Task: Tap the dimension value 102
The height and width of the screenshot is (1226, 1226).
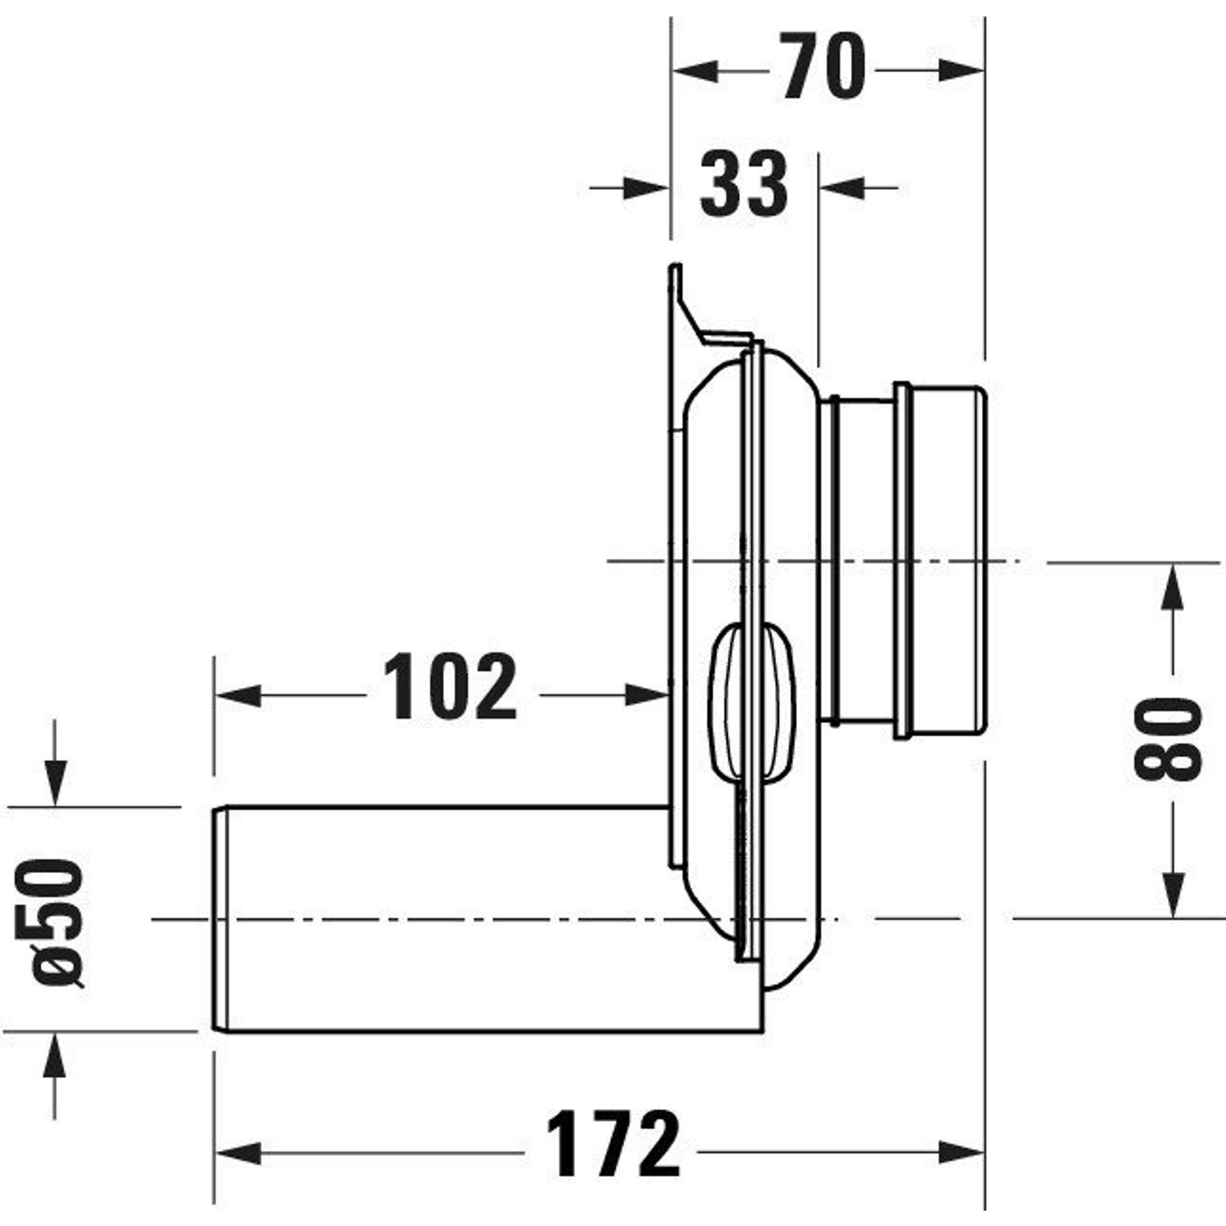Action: click(x=450, y=687)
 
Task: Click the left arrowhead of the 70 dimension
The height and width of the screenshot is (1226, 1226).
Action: click(x=695, y=72)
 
